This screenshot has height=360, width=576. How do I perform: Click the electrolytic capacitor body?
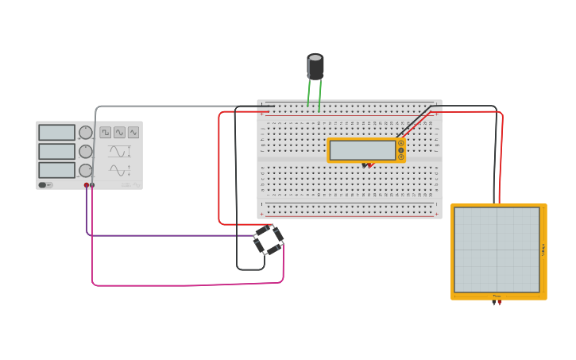coord(315,67)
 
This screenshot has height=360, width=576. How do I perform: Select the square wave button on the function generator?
coord(106,133)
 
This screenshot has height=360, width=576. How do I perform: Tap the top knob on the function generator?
coord(86,133)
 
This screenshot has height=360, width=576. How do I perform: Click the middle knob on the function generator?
coord(86,151)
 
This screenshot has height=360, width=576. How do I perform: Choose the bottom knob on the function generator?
coord(86,170)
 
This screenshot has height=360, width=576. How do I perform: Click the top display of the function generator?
coord(56,133)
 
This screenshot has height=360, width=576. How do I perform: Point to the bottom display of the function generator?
coord(56,170)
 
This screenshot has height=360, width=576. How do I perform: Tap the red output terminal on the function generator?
coord(87,185)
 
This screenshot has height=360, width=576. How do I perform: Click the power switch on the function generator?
coord(46,185)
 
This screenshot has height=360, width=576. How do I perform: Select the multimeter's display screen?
coord(363,150)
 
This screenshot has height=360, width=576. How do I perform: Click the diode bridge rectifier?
coord(269,239)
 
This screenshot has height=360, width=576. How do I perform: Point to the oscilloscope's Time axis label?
coord(497,296)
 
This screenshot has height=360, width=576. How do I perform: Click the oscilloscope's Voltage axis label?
coord(543,250)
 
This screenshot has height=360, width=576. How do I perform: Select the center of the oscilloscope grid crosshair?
coord(497,250)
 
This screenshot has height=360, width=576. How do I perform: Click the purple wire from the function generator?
coord(159,235)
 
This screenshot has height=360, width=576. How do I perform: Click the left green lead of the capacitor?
coord(309,93)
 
